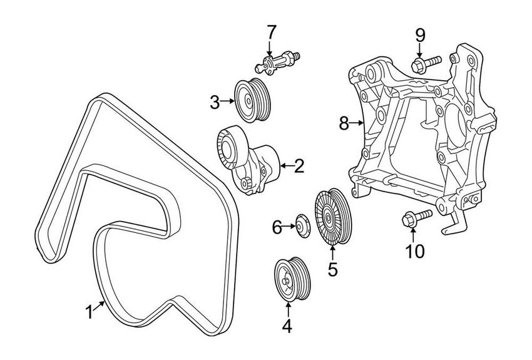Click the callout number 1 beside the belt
click(90, 311)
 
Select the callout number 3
click(215, 101)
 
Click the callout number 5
click(332, 269)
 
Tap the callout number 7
click(270, 31)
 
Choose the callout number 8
click(344, 123)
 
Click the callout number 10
click(414, 251)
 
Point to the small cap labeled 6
click(303, 226)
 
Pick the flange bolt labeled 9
click(425, 63)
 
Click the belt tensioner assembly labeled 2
click(245, 160)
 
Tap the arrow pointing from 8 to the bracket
click(358, 123)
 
